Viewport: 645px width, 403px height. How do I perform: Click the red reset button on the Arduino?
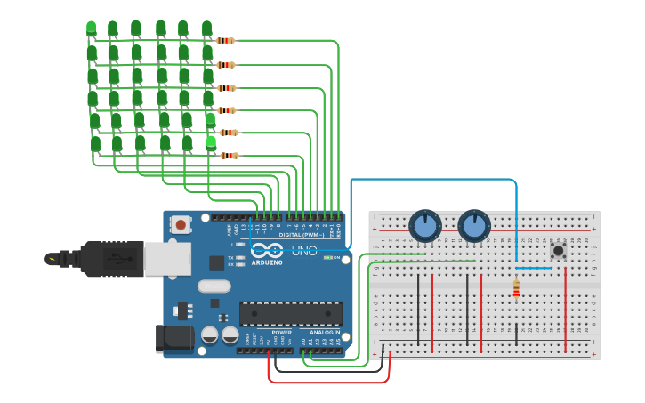181,225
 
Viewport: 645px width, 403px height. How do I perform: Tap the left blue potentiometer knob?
425,226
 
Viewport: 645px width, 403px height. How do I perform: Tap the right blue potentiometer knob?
474,226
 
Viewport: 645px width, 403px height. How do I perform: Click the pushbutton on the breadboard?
558,250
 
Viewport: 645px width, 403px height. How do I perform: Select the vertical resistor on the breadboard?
516,289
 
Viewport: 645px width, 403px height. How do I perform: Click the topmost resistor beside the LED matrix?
225,41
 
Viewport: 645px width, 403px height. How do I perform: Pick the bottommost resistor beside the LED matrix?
229,156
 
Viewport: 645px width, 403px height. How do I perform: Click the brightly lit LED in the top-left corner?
91,28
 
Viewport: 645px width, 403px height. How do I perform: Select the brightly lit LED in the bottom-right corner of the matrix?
211,141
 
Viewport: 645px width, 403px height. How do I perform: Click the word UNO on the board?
304,251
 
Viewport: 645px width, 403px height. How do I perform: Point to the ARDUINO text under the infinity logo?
267,262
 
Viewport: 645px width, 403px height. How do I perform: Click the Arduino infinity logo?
267,250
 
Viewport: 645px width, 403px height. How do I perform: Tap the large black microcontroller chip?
291,314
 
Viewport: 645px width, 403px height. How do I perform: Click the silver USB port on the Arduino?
167,258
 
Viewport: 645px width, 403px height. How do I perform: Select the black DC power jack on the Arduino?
173,339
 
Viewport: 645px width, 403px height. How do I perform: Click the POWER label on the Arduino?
281,332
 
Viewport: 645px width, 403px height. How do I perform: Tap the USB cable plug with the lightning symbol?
54,259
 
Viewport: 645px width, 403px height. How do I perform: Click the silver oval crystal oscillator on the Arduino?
214,286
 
